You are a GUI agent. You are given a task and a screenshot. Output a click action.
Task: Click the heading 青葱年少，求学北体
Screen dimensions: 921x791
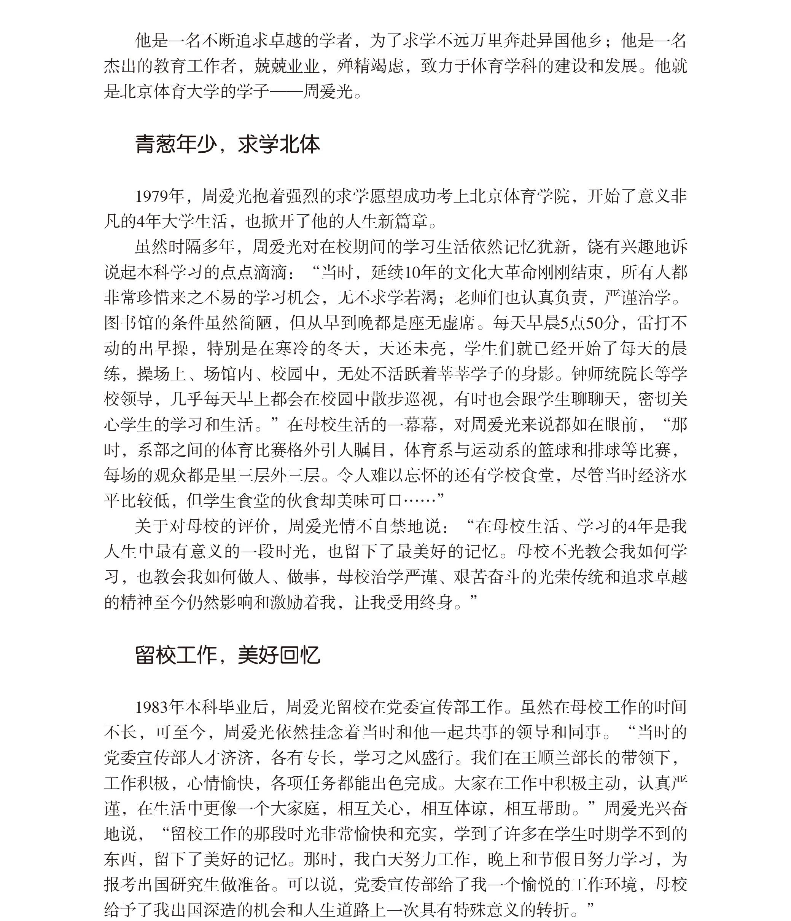(227, 144)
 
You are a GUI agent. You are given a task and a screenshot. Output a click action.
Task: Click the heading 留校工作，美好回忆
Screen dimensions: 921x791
(227, 655)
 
